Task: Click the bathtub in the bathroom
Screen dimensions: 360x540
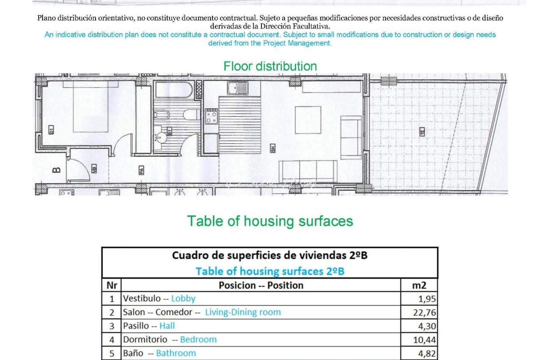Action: point(174,90)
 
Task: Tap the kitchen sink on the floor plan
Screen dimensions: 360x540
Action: point(237,88)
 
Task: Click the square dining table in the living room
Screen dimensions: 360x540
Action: point(308,120)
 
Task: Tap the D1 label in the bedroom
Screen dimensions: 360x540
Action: point(51,130)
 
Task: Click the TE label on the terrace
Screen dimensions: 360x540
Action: point(422,132)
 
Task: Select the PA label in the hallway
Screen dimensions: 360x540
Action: point(141,170)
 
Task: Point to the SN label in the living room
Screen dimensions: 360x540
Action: point(273,148)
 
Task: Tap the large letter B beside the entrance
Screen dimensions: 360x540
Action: point(57,170)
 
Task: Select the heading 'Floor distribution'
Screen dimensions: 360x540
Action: point(270,66)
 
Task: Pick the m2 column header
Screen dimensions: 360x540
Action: point(419,285)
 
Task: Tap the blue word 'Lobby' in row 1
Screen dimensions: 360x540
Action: point(183,298)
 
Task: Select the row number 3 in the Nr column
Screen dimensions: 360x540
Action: point(112,326)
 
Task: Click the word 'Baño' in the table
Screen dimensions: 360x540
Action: point(133,353)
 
